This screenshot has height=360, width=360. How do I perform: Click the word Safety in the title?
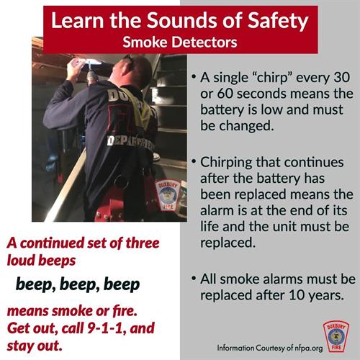(278, 21)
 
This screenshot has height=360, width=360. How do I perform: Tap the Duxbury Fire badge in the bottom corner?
(336, 336)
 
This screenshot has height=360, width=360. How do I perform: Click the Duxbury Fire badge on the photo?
(168, 196)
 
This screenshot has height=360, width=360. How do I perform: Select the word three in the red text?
(143, 243)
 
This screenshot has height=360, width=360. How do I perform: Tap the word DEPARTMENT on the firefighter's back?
(131, 143)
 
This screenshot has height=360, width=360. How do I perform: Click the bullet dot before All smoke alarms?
(194, 278)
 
